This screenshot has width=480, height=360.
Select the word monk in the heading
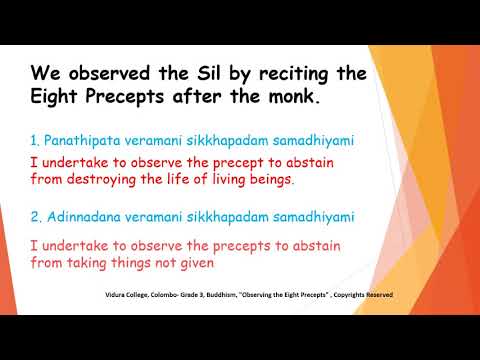[294, 99]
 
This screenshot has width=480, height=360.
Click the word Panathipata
[79, 142]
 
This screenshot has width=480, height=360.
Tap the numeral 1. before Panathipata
[37, 142]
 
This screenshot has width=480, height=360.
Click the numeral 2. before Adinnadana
[37, 216]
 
